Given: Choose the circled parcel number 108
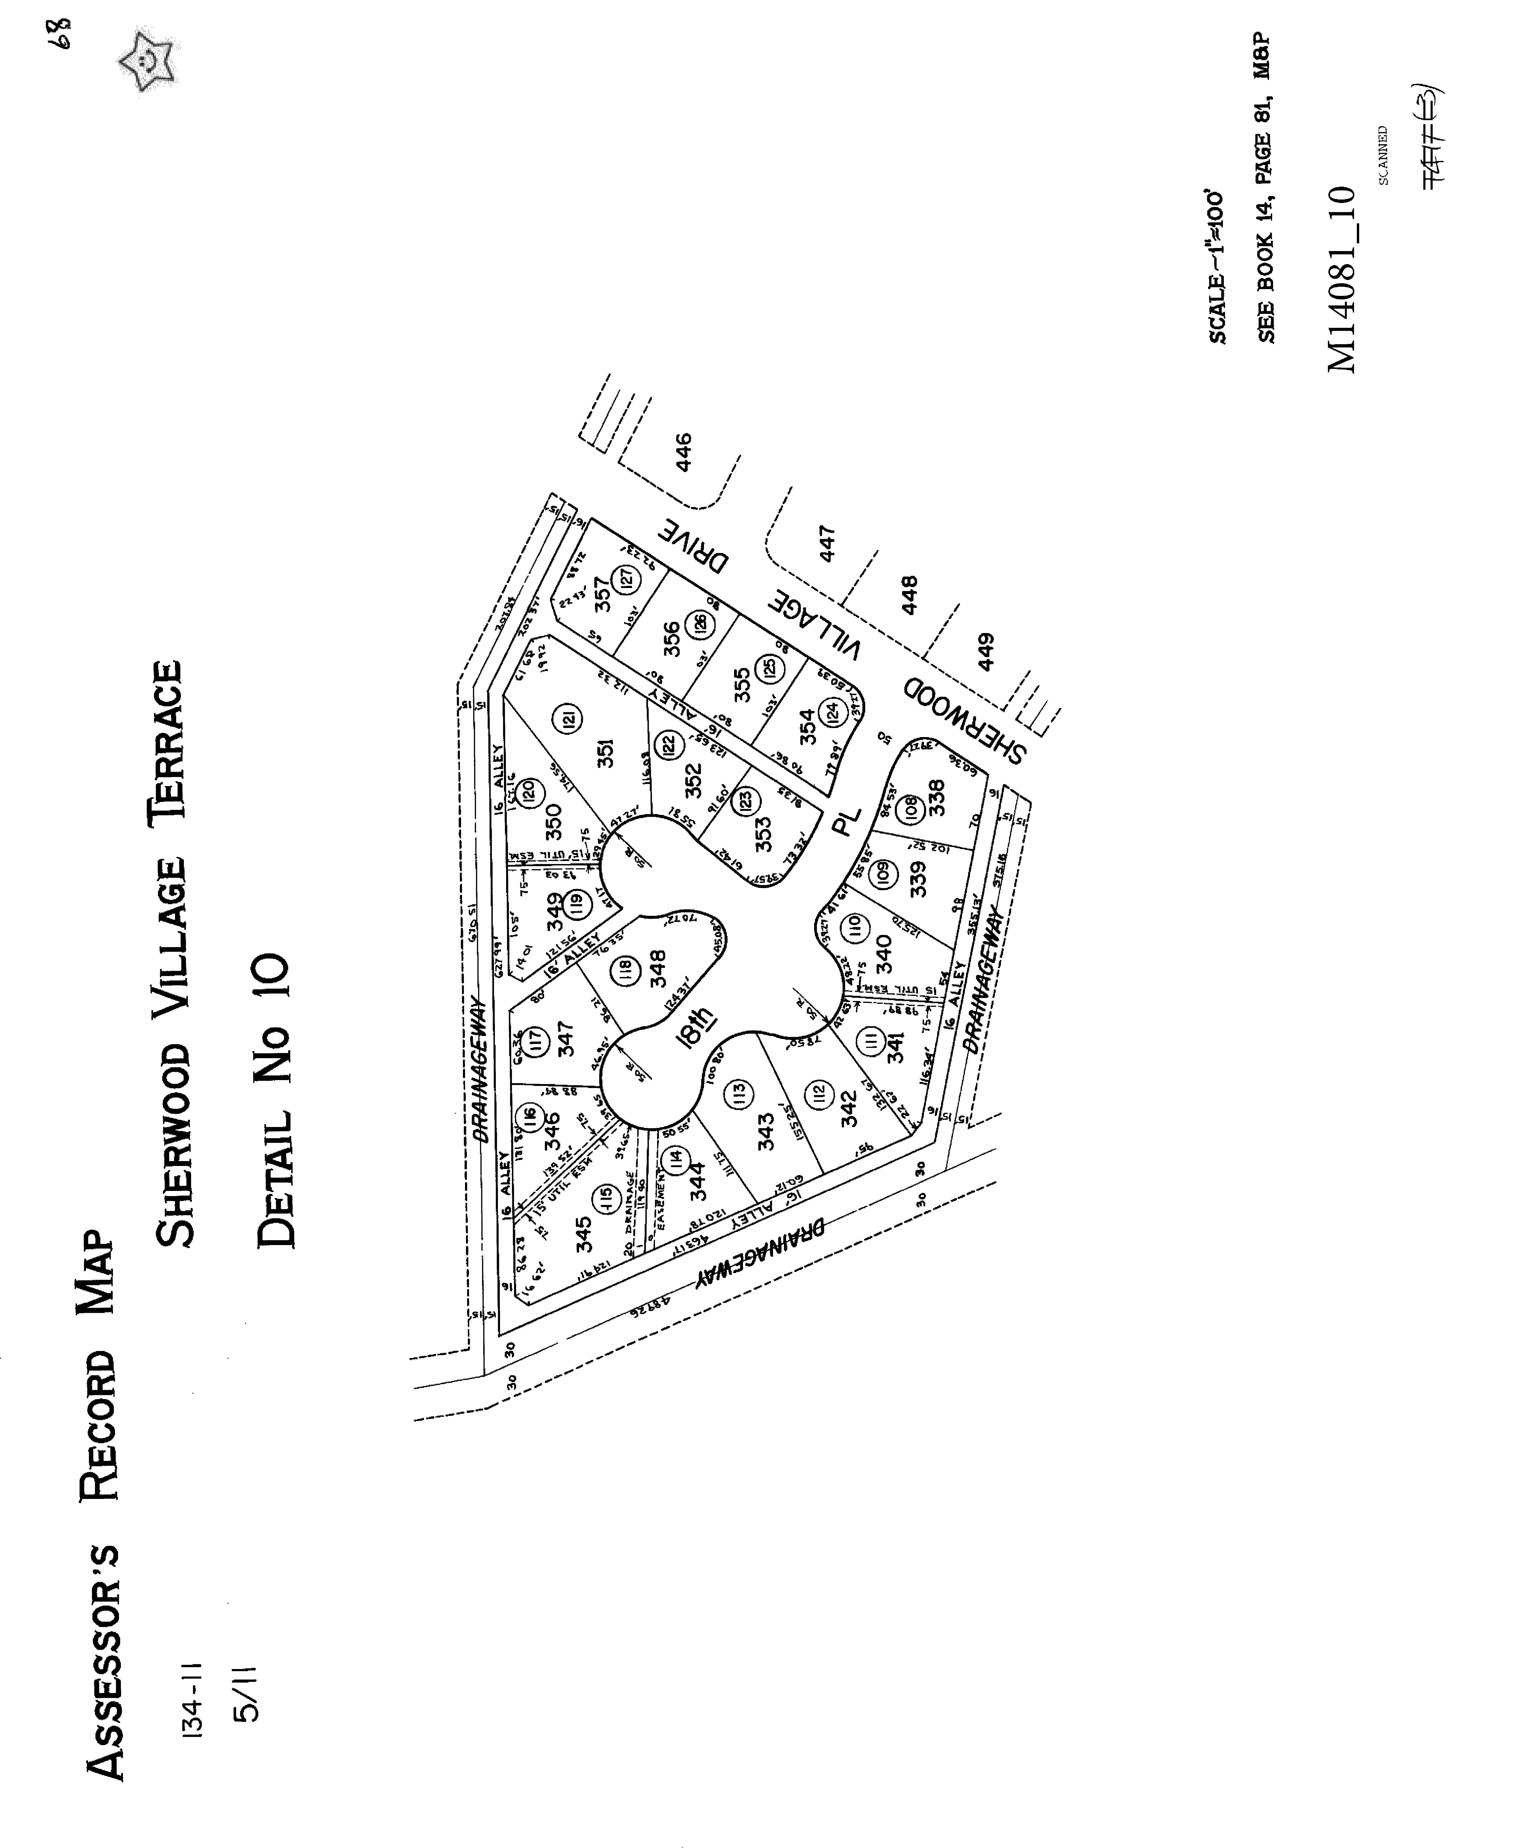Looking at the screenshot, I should point(911,805).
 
